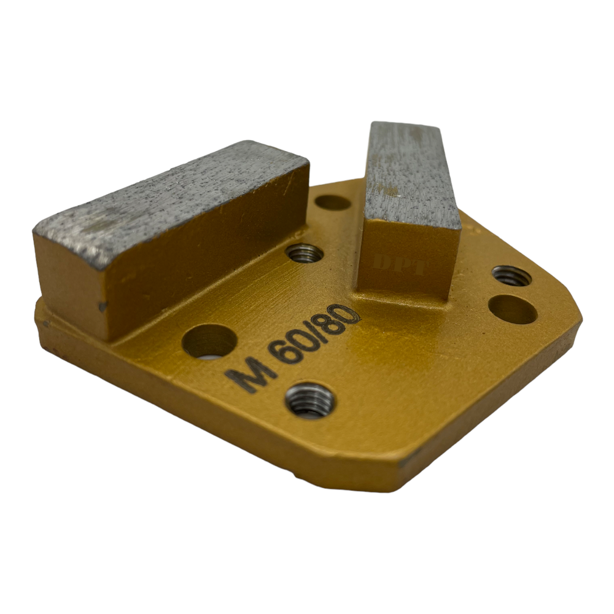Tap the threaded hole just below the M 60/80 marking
pyautogui.click(x=310, y=402)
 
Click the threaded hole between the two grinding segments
pyautogui.click(x=305, y=252)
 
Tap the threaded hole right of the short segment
pyautogui.click(x=511, y=276)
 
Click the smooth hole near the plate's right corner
pyautogui.click(x=513, y=309)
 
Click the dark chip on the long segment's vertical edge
pyautogui.click(x=102, y=305)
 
